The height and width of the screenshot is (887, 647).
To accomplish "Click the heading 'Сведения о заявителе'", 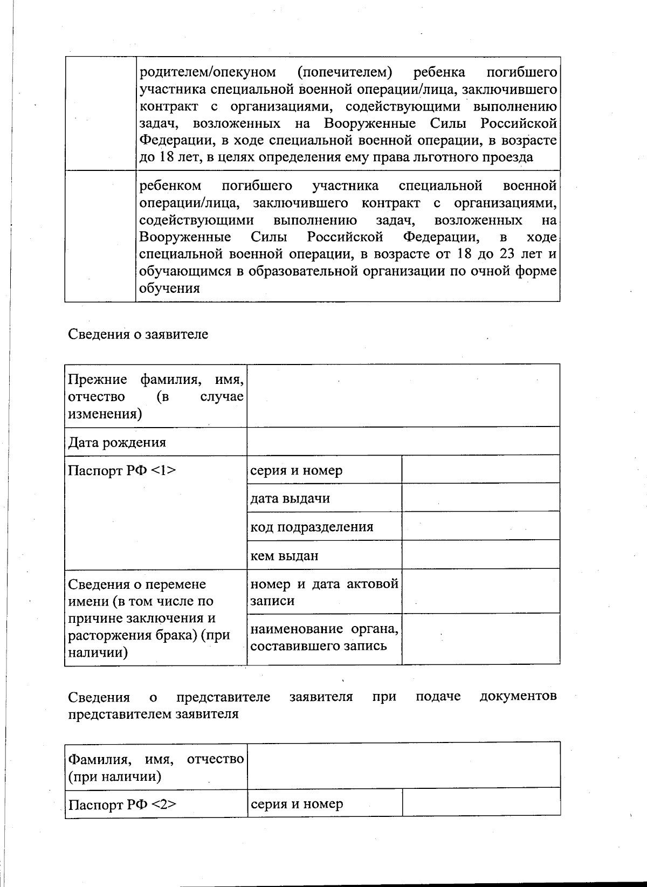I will tap(138, 334).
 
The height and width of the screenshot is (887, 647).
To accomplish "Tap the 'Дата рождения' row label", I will tap(117, 443).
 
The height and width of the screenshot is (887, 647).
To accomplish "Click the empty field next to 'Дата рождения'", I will tap(403, 441).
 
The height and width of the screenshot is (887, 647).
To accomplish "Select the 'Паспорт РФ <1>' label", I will tap(122, 471).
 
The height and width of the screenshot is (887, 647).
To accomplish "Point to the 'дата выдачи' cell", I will tap(290, 498).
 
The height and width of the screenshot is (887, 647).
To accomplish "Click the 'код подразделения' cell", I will tap(312, 527).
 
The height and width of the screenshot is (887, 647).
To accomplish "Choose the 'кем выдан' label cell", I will tap(284, 555).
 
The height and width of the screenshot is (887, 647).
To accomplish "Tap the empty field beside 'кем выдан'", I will tap(480, 555).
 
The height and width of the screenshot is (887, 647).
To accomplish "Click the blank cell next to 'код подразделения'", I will tap(480, 526).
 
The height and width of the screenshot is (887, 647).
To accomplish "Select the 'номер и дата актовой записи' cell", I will tap(324, 592).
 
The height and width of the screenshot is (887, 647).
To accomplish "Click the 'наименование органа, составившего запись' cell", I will tap(324, 637).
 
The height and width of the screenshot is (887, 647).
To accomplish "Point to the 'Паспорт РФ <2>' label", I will tap(122, 805).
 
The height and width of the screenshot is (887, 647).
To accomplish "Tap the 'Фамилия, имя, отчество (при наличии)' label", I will tap(155, 768).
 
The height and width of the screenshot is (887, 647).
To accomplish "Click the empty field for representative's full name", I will tap(403, 765).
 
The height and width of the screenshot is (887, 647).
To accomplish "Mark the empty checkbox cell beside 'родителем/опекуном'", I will tap(100, 113).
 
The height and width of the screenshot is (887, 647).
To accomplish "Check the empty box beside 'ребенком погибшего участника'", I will tap(100, 236).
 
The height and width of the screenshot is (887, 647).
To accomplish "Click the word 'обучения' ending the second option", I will tap(169, 288).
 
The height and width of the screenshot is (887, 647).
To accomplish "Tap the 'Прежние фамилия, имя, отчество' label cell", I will tap(155, 396).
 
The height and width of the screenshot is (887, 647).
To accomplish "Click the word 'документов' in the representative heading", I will tap(518, 696).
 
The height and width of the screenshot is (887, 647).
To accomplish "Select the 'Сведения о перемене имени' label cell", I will tap(149, 618).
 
